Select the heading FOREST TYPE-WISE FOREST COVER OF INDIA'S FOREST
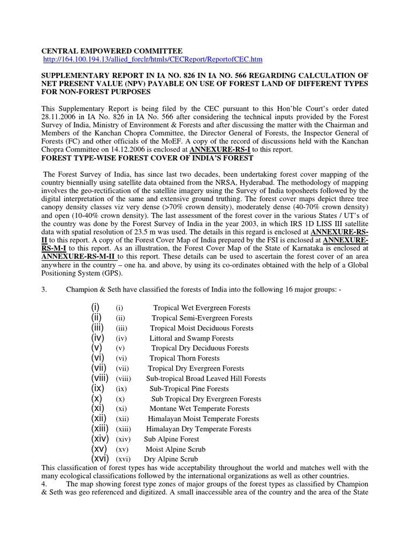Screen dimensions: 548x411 coord(149,158)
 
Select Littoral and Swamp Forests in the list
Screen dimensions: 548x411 coord(192,338)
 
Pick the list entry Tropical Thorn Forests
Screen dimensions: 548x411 coord(185,359)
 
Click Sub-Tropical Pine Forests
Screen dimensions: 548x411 coord(189,389)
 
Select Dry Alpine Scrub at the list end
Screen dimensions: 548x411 coord(171,459)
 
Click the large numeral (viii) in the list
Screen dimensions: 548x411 coord(100,378)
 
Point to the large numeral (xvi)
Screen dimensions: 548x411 coord(100,459)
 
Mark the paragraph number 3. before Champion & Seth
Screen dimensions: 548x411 coord(44,290)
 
